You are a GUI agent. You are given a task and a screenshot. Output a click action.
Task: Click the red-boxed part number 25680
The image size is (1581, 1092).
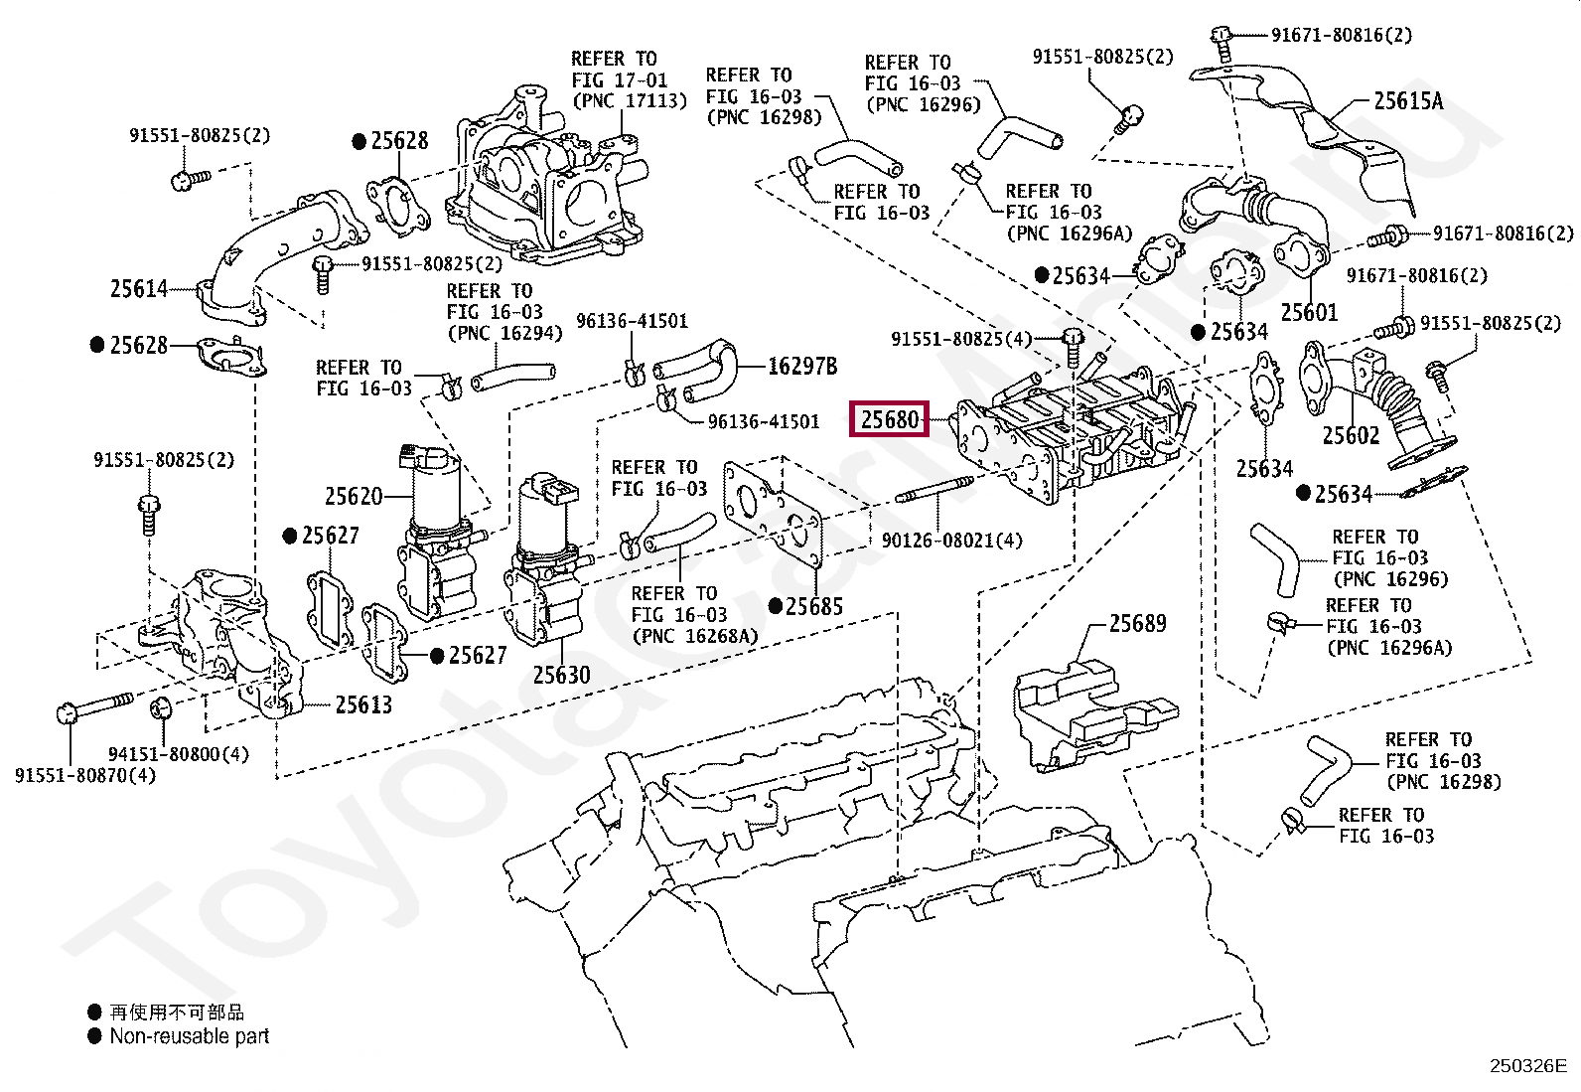[x=890, y=419]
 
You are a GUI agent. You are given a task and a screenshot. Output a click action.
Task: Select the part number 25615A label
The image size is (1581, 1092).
[x=1407, y=100]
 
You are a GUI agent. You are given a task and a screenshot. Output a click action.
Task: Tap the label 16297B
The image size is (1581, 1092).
[x=801, y=367]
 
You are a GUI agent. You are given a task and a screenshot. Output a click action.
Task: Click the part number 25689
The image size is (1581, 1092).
[x=1137, y=624]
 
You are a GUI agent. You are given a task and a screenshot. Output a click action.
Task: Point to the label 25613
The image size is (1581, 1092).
[x=362, y=705]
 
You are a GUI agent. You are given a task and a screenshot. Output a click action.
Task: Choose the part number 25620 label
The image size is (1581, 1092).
[x=354, y=496]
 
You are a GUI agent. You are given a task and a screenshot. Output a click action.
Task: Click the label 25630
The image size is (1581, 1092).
[x=561, y=676]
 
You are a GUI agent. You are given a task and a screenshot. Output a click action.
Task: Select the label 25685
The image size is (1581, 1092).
[x=813, y=607]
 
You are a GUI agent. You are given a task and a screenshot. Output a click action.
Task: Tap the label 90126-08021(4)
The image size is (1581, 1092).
[x=951, y=542]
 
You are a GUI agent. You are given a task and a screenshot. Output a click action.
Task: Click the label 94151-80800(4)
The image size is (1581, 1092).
[x=178, y=754]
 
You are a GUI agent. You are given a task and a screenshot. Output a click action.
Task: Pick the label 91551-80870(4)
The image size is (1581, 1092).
[x=85, y=775]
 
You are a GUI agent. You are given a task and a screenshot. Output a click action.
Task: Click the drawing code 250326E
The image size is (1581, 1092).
[x=1526, y=1067]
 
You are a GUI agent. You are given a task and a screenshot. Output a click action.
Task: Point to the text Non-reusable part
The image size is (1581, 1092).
[x=189, y=1036]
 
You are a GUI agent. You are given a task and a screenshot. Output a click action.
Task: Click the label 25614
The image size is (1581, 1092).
[x=139, y=289]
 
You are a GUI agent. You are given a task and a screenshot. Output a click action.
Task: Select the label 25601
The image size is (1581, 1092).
[x=1308, y=313]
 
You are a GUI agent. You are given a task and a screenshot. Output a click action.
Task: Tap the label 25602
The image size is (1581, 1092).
[x=1351, y=435]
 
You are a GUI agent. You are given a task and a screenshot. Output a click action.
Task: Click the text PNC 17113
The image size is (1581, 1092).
[x=629, y=101]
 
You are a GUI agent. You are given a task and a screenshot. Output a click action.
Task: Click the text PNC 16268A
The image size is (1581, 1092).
[x=694, y=636]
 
